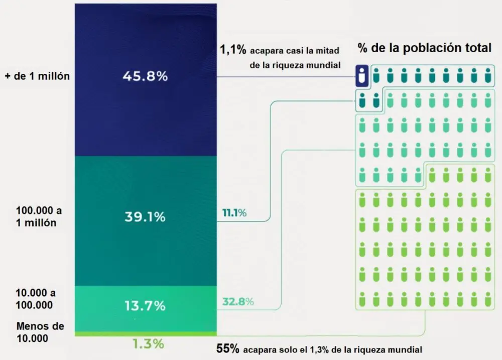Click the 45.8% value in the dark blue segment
pyautogui.click(x=145, y=77)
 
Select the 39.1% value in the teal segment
pyautogui.click(x=145, y=217)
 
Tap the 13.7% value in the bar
pyautogui.click(x=145, y=305)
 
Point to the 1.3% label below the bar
pyautogui.click(x=148, y=344)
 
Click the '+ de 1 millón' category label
pyautogui.click(x=37, y=76)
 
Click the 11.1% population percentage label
pyautogui.click(x=234, y=213)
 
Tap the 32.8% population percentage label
pyautogui.click(x=237, y=302)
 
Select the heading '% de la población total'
pyautogui.click(x=424, y=48)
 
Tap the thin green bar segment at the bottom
pyautogui.click(x=145, y=333)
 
